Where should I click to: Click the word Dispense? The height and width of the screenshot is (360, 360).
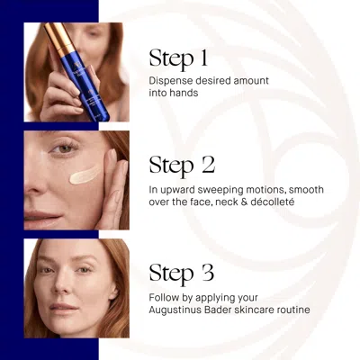(x=172, y=80)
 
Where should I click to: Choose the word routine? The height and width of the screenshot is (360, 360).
(x=291, y=310)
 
